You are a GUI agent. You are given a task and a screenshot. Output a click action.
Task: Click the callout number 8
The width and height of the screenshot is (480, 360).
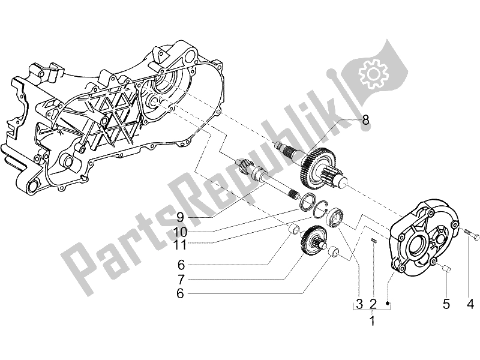[x=365, y=121]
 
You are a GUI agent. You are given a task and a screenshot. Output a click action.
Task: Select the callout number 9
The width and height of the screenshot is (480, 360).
[x=180, y=218]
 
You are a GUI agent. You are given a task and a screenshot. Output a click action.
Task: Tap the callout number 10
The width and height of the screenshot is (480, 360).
[x=181, y=232]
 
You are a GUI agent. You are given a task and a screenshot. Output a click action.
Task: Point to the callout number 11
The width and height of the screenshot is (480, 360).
[x=181, y=245]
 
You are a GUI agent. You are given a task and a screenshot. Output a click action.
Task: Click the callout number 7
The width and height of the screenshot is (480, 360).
[x=181, y=280]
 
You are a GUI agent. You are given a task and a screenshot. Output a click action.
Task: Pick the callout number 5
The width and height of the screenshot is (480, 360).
[x=446, y=304]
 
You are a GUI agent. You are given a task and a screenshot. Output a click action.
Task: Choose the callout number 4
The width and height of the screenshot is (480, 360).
[x=470, y=304]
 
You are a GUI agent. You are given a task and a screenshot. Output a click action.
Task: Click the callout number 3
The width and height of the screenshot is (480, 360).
[x=359, y=304]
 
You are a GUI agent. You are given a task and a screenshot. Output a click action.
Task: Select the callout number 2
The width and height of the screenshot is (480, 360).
[x=373, y=304]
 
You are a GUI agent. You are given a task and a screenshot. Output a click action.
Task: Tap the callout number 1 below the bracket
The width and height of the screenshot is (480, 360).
[x=372, y=321]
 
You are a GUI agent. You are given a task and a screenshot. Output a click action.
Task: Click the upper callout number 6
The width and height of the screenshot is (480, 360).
[x=181, y=265]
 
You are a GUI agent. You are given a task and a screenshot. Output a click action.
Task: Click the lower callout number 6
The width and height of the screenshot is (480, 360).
[x=181, y=294]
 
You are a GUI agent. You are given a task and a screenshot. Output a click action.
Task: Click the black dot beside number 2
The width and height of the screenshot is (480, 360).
[x=388, y=304]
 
